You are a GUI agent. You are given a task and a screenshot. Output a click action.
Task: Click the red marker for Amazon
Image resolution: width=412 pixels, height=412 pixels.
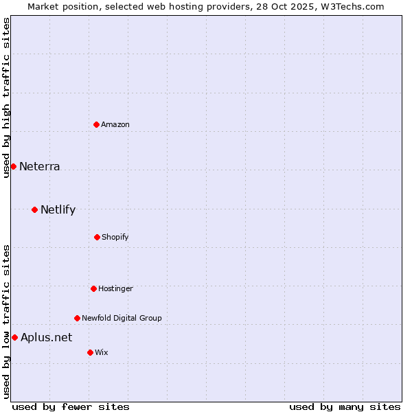[96, 124]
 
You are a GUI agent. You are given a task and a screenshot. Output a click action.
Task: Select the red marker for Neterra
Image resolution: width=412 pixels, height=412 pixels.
[13, 166]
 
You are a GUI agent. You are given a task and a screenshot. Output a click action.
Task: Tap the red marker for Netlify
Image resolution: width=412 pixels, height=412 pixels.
[34, 209]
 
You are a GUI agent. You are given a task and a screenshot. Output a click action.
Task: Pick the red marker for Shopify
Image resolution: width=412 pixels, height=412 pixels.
[97, 237]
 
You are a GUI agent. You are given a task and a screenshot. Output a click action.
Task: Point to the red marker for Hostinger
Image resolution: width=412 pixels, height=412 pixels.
[93, 288]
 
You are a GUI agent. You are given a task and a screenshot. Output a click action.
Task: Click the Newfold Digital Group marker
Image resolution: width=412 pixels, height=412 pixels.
[77, 318]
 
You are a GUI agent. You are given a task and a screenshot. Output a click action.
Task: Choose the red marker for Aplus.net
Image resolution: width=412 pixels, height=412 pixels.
[14, 337]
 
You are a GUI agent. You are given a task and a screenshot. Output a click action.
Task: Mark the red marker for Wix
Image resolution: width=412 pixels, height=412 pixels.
[90, 352]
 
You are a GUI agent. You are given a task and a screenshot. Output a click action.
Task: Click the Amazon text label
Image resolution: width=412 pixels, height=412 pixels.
[115, 124]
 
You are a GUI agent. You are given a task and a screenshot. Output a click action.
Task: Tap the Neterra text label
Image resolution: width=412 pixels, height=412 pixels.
[40, 166]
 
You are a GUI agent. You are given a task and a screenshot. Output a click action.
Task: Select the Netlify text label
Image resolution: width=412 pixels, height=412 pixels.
[58, 209]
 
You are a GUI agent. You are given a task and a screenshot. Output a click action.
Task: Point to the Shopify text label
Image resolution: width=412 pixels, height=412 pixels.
[115, 237]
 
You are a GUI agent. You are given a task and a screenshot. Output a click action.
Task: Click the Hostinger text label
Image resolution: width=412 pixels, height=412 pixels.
[115, 288]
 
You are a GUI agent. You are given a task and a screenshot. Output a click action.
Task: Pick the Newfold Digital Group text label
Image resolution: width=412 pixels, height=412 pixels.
[122, 318]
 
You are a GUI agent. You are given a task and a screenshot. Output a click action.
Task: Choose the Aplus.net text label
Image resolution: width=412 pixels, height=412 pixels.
[46, 337]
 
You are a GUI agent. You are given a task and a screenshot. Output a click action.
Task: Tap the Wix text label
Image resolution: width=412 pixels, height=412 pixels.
[102, 352]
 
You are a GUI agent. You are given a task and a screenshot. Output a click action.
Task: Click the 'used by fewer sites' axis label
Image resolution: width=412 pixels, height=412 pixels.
[71, 407]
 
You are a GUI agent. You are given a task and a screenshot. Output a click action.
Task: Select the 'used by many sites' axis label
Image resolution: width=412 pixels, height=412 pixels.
[345, 407]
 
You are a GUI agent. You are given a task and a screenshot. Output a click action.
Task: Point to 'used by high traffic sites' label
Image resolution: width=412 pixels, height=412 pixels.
[6, 98]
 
